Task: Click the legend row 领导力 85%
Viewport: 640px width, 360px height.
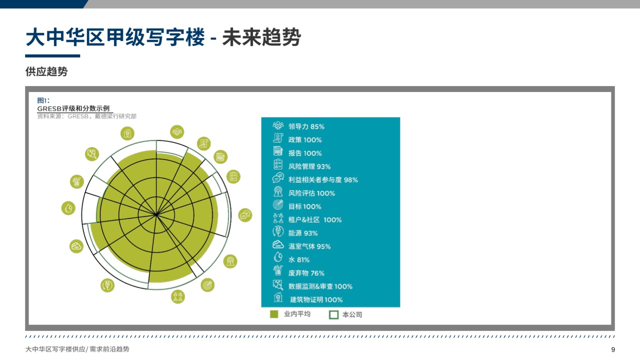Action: click(x=298, y=126)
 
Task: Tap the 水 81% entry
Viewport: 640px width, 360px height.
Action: click(x=291, y=259)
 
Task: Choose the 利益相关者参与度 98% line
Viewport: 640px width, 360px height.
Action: click(x=315, y=179)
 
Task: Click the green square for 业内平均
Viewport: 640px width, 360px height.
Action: click(x=274, y=314)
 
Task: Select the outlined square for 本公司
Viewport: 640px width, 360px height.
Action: click(x=333, y=314)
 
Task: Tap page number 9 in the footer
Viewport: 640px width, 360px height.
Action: click(x=613, y=349)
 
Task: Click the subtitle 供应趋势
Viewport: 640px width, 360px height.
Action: click(x=46, y=71)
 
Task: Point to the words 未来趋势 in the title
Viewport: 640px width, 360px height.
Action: click(x=261, y=37)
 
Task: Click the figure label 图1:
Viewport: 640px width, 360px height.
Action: click(x=43, y=100)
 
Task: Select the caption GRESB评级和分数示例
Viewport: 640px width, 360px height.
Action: click(x=73, y=108)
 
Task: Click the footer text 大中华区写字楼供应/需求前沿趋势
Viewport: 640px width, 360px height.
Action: click(x=77, y=349)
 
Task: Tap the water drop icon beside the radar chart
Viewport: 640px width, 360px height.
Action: click(x=68, y=208)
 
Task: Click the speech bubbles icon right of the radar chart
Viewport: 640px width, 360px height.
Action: click(x=245, y=215)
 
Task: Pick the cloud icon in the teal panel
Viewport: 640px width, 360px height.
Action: click(x=278, y=245)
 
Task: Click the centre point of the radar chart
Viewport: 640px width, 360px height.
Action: click(x=156, y=214)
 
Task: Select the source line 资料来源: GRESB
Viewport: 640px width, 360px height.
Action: click(x=87, y=116)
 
